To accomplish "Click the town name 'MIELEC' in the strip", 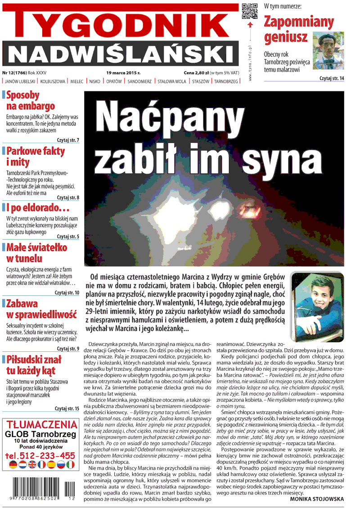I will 80,81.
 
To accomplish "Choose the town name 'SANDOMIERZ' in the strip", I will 140,81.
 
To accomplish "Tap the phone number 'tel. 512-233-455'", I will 40,455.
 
